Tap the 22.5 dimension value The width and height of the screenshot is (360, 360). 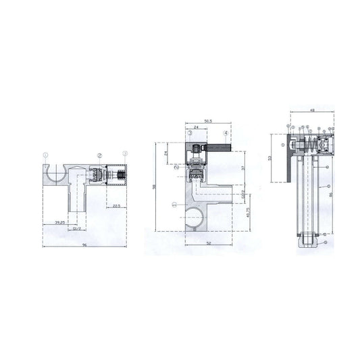(x=117, y=206)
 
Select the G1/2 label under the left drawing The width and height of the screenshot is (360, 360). (x=77, y=228)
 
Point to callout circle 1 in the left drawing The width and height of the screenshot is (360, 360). (x=46, y=155)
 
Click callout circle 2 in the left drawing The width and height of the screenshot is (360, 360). (x=99, y=155)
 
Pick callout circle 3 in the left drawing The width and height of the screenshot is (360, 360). (x=125, y=155)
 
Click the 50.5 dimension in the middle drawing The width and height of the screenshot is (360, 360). (x=208, y=121)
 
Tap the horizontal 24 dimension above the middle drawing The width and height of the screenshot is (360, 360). (x=195, y=126)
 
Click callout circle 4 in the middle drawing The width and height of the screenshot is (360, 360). (x=226, y=134)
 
